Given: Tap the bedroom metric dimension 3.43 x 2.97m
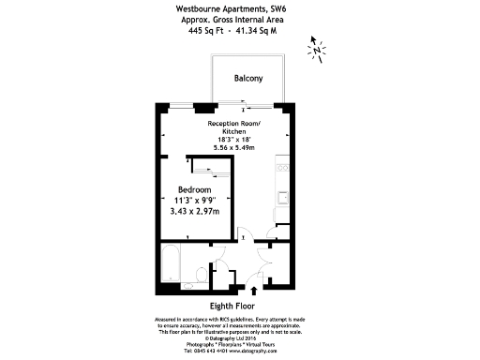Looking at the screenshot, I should pos(195,211).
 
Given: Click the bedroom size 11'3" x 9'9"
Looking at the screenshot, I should pos(196,200).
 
